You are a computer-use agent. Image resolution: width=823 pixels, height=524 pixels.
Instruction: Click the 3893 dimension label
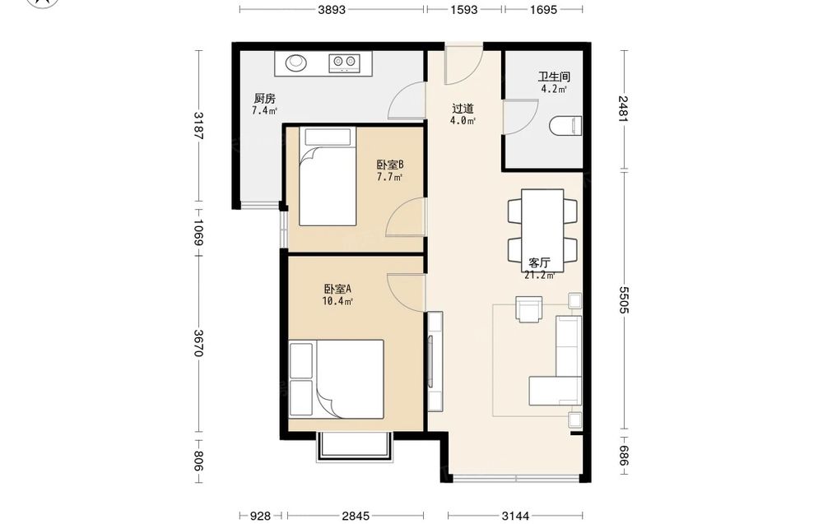point(332,9)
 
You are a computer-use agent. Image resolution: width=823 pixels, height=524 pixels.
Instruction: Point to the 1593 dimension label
point(464,9)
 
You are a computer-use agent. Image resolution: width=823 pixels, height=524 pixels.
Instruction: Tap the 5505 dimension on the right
point(624,299)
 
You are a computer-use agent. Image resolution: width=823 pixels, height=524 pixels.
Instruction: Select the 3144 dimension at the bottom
point(515,516)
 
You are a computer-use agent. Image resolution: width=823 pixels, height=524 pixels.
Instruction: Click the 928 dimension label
point(260,516)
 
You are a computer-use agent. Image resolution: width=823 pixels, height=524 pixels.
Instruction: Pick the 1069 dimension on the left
point(198,232)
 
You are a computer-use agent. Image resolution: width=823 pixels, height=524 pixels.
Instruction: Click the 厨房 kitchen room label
point(264,98)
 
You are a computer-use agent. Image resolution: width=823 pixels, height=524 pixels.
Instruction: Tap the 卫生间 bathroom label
point(554,77)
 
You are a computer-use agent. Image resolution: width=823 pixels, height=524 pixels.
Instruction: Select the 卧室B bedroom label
point(390,165)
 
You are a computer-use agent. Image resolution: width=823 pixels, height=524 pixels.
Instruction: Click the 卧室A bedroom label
point(337,289)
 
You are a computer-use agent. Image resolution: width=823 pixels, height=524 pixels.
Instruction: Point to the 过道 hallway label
point(463,109)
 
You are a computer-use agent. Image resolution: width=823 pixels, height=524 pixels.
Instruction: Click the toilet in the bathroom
point(566,126)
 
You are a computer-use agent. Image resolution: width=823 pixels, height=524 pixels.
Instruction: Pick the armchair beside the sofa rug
point(529,309)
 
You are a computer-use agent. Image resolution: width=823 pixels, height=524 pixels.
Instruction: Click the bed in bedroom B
point(328,176)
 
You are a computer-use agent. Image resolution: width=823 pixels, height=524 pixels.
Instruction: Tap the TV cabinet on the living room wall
point(435,361)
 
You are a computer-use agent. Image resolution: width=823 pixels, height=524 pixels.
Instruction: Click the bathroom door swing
point(520,117)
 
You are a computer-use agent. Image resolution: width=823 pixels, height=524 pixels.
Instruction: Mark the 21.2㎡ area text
point(540,275)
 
